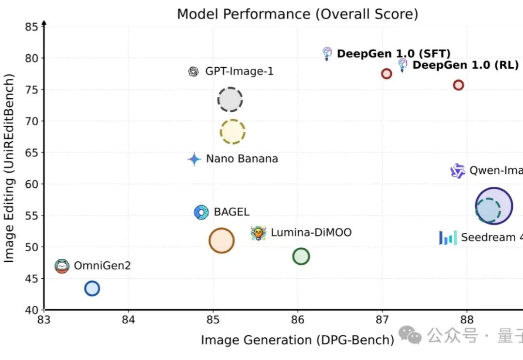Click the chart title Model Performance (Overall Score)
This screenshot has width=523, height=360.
tap(297, 14)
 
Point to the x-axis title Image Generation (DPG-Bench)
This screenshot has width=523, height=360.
tap(297, 340)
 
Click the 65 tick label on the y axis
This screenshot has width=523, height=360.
tap(31, 152)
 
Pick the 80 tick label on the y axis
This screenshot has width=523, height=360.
tap(31, 58)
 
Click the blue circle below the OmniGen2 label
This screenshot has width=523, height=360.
tap(92, 289)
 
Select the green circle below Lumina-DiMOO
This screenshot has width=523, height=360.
tap(301, 256)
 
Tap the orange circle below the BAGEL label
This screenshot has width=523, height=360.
tap(221, 240)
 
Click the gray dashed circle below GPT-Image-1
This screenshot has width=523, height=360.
tap(230, 100)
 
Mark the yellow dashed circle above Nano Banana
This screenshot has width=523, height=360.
tap(232, 132)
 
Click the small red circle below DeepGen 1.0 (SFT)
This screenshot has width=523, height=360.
tap(386, 74)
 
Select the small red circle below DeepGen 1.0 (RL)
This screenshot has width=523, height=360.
tap(458, 85)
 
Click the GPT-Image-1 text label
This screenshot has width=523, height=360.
tap(239, 72)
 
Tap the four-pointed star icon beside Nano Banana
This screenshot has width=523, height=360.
tap(194, 159)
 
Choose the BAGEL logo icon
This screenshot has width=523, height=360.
tap(201, 212)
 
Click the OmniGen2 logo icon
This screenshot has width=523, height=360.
tap(62, 266)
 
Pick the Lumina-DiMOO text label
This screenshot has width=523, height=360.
tap(311, 233)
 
